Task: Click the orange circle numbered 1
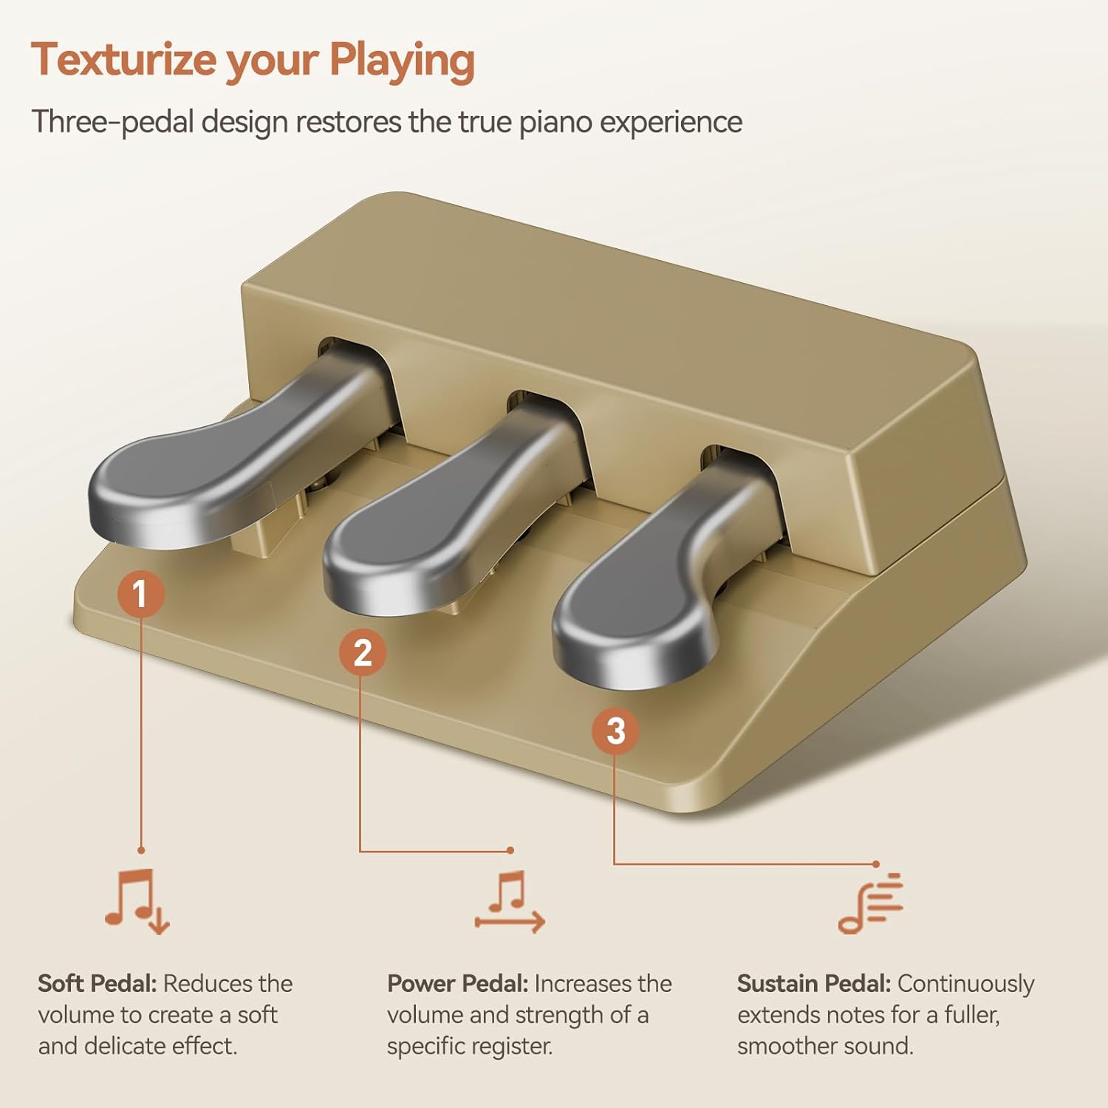[140, 594]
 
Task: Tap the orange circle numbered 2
[363, 653]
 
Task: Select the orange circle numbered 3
[615, 731]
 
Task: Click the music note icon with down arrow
[137, 902]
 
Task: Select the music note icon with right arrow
[510, 902]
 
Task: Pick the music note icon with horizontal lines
[870, 903]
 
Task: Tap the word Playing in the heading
[402, 61]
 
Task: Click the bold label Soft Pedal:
[98, 984]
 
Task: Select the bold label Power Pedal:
[458, 984]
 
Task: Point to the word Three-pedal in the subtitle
[113, 122]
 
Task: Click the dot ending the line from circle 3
[876, 864]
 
